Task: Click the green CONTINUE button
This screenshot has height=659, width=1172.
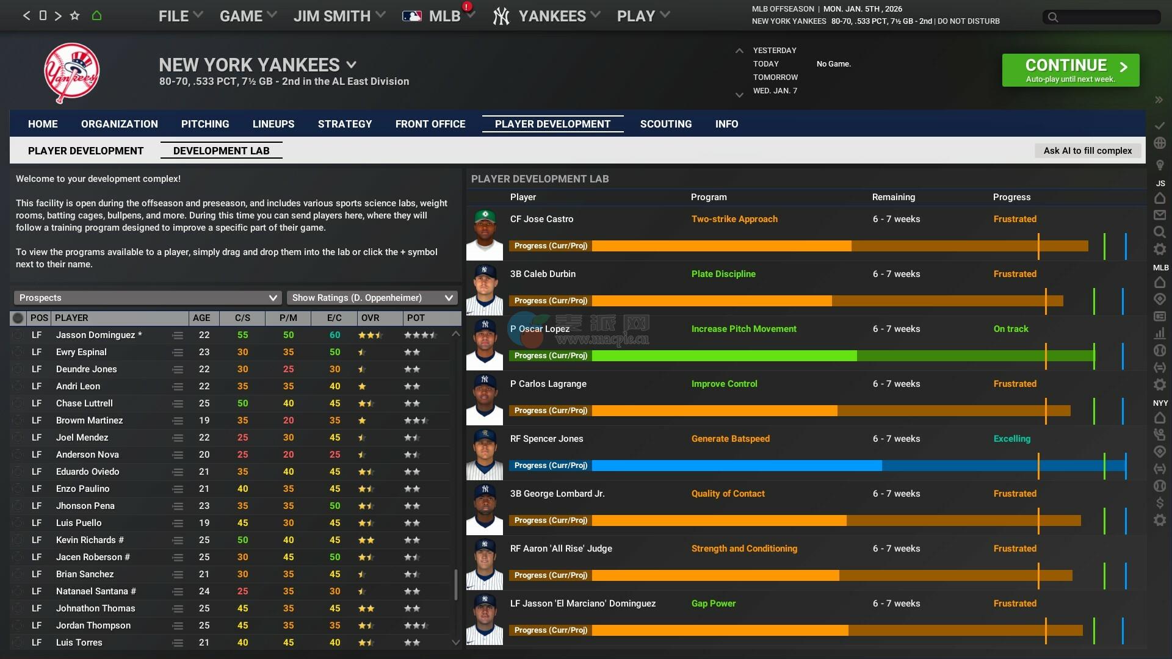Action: point(1070,70)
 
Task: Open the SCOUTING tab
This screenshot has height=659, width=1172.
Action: point(665,124)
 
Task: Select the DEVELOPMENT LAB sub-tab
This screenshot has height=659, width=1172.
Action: point(221,151)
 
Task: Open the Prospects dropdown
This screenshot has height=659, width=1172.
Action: point(147,298)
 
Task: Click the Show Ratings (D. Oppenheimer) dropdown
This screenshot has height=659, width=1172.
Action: point(372,298)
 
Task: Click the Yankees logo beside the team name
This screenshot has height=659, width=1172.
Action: point(71,73)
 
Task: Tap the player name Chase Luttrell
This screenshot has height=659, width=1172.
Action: point(84,403)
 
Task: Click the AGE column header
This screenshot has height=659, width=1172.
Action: point(201,318)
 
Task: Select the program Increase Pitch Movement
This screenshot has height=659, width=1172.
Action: point(743,329)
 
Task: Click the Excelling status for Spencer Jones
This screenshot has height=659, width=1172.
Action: point(1011,439)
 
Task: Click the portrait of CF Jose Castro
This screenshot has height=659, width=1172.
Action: point(485,234)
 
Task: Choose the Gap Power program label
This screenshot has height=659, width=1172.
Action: point(713,603)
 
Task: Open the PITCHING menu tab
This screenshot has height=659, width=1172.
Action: point(205,124)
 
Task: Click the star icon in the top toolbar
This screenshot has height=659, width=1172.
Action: point(74,16)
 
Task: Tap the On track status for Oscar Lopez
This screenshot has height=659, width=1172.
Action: point(1010,329)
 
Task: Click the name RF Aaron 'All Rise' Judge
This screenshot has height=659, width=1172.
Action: point(561,549)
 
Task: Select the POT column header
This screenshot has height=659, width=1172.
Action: point(416,318)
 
